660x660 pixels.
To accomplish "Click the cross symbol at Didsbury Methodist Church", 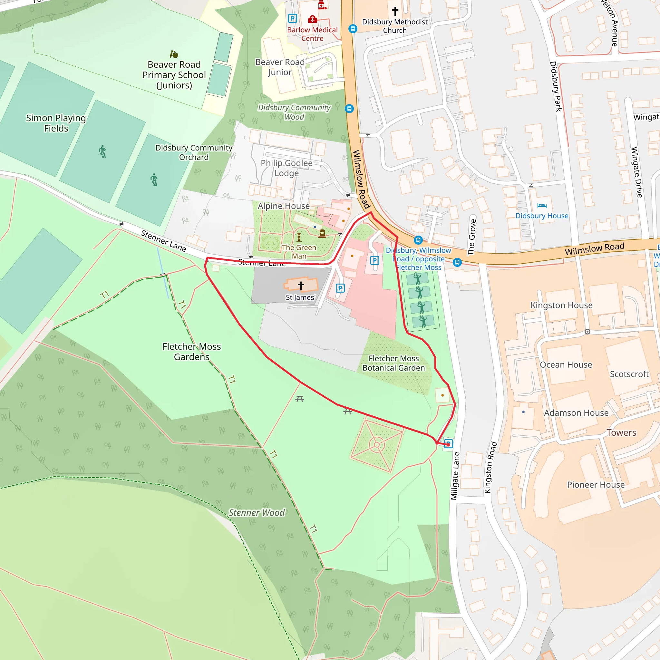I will (x=395, y=11).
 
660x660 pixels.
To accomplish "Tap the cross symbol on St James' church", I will (x=301, y=286).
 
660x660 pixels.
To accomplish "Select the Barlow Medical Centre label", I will (x=312, y=34).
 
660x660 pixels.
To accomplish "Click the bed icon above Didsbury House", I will (x=542, y=206).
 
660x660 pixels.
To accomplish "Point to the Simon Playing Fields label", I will (x=56, y=123).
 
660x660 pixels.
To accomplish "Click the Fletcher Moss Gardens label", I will (x=191, y=352).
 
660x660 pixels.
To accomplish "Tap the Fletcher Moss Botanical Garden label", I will (x=393, y=363).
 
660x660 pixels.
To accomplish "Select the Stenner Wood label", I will (x=257, y=513).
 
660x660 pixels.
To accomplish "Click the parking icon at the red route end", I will (x=448, y=444).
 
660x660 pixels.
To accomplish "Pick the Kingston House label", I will (x=561, y=305).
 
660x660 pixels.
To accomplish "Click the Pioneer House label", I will (x=596, y=485).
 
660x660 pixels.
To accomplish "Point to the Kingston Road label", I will (x=490, y=467).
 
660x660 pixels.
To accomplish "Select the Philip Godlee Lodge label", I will (x=286, y=168).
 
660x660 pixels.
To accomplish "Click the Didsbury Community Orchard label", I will (x=194, y=152).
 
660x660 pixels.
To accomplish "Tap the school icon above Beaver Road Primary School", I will (x=174, y=54).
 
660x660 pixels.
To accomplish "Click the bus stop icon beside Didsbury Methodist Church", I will (x=353, y=29).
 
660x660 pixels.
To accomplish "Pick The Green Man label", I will (x=299, y=252).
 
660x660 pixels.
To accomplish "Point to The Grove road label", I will (x=472, y=238).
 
